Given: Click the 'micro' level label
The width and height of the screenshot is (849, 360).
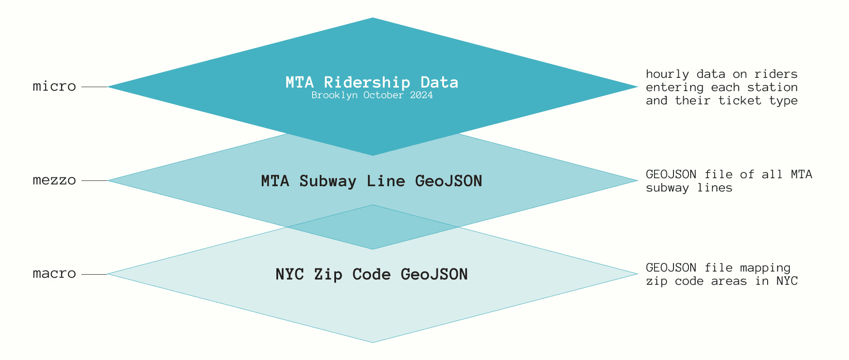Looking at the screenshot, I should click(x=54, y=86).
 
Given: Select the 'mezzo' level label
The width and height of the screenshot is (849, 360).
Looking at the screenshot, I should click(x=54, y=180).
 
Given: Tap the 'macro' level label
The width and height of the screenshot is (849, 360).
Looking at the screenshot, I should click(x=54, y=274).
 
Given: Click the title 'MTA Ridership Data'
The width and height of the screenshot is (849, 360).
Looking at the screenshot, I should click(x=372, y=82).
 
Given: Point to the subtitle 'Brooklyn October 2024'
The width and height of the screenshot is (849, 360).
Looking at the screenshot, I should click(x=372, y=95).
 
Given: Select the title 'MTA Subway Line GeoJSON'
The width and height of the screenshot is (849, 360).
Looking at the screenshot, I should click(x=371, y=181).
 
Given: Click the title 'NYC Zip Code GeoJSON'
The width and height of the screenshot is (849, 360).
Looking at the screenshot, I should click(x=371, y=274).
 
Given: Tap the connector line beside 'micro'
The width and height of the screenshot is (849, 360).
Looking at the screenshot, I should click(x=94, y=87).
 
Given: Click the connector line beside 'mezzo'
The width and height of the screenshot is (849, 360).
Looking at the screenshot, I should click(x=94, y=180).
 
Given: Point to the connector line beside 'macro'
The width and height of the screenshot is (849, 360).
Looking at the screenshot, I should click(x=94, y=274).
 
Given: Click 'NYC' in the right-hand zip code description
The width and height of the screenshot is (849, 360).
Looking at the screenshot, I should click(x=787, y=281).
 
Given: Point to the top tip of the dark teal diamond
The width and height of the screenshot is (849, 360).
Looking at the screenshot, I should click(x=373, y=19).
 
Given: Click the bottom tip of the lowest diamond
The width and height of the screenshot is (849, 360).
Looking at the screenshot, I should click(x=373, y=341).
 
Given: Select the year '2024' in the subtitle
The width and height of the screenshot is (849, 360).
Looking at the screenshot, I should click(x=421, y=95).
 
